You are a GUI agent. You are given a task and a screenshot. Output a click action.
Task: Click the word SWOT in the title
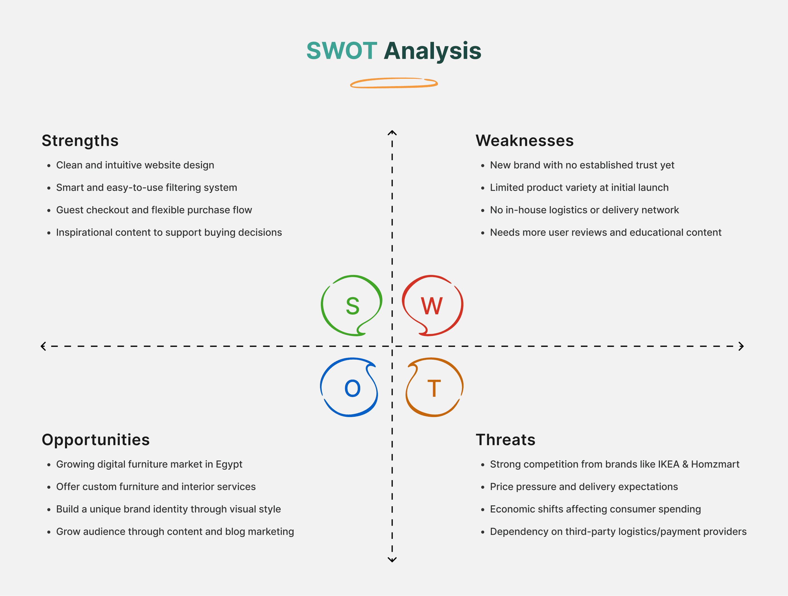click(x=341, y=51)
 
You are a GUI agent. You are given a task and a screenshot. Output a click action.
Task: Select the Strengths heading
click(x=80, y=140)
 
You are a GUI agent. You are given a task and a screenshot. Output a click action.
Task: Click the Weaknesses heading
click(x=524, y=140)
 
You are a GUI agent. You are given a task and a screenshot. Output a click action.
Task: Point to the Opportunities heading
click(x=95, y=440)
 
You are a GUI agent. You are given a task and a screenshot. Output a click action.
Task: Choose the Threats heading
click(x=505, y=440)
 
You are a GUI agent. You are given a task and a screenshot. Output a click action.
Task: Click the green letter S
click(x=352, y=306)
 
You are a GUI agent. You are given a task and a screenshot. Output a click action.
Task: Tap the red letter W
click(x=432, y=306)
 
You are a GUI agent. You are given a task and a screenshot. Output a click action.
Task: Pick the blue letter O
click(x=352, y=388)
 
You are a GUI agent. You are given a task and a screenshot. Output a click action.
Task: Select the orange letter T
click(x=434, y=388)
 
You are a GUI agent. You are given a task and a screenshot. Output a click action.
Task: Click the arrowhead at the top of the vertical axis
click(x=392, y=133)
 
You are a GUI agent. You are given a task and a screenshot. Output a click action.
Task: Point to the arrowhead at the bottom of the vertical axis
click(x=392, y=560)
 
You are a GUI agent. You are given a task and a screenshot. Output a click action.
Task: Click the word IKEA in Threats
click(x=668, y=464)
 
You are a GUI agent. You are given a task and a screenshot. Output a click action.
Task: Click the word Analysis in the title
click(x=433, y=51)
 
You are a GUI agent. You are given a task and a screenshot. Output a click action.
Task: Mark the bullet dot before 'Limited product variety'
click(x=483, y=188)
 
